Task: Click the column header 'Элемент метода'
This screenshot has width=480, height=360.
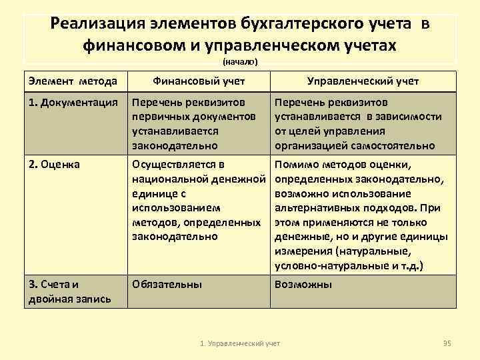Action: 73,81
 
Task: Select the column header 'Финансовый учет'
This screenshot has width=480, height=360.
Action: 198,81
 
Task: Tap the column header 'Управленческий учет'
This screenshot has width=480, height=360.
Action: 362,81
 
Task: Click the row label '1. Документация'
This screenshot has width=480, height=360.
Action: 73,103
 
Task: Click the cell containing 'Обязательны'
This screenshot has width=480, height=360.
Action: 167,284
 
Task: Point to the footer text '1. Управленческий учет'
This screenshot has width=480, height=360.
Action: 240,343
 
